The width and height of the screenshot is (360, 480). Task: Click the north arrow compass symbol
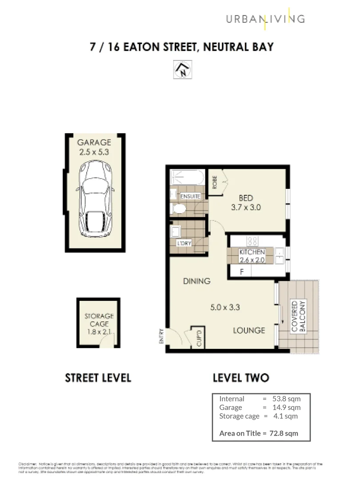coord(182,70)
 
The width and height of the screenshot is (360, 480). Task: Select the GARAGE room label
coord(94,143)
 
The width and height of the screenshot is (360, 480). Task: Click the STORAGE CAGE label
coord(99,320)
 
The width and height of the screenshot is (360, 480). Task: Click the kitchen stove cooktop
coord(253,241)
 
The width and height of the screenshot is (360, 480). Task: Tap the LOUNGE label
coord(250,330)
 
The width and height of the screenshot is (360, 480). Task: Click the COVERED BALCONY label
coord(299,316)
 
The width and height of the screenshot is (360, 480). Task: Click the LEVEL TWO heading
coord(240,378)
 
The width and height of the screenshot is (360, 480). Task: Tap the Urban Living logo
coord(265,19)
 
